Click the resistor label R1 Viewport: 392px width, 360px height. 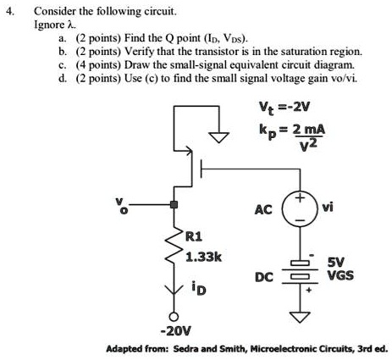tap(196, 237)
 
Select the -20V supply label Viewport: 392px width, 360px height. tap(173, 331)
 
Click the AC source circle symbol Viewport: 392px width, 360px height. tap(300, 209)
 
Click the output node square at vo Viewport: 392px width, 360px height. tap(174, 205)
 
